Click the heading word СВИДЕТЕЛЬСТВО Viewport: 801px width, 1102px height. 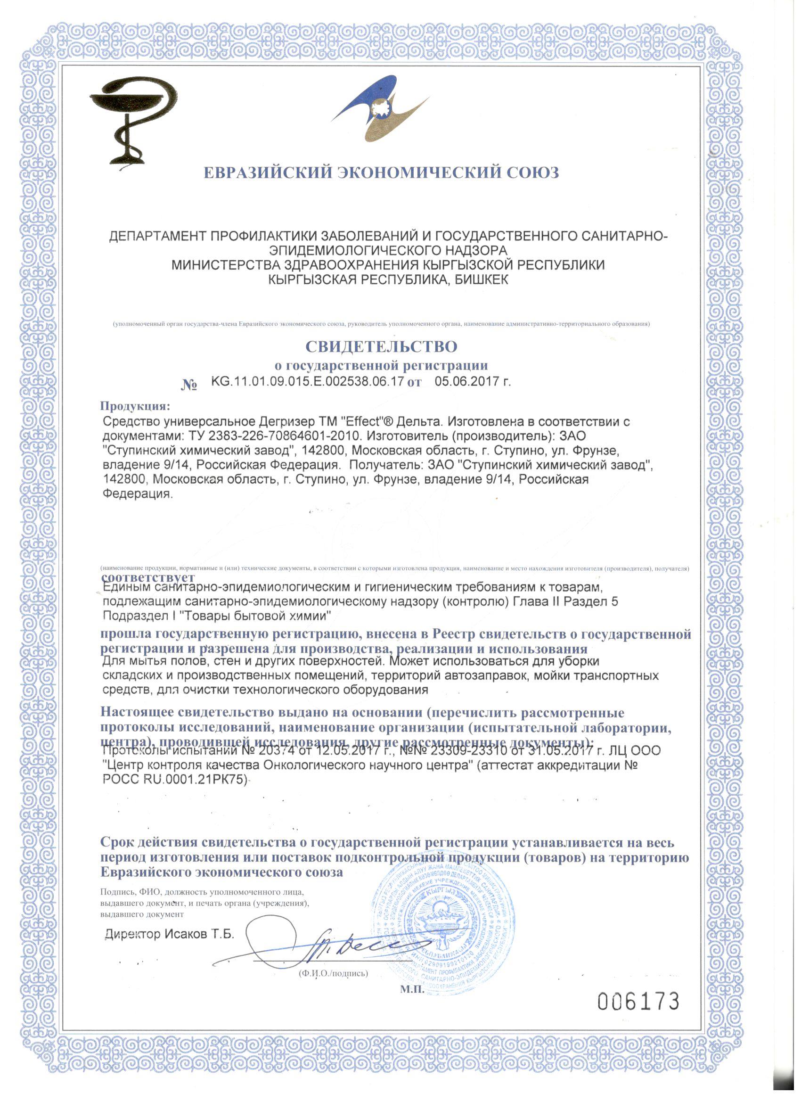pyautogui.click(x=381, y=346)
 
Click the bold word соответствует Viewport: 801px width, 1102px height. pyautogui.click(x=147, y=577)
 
